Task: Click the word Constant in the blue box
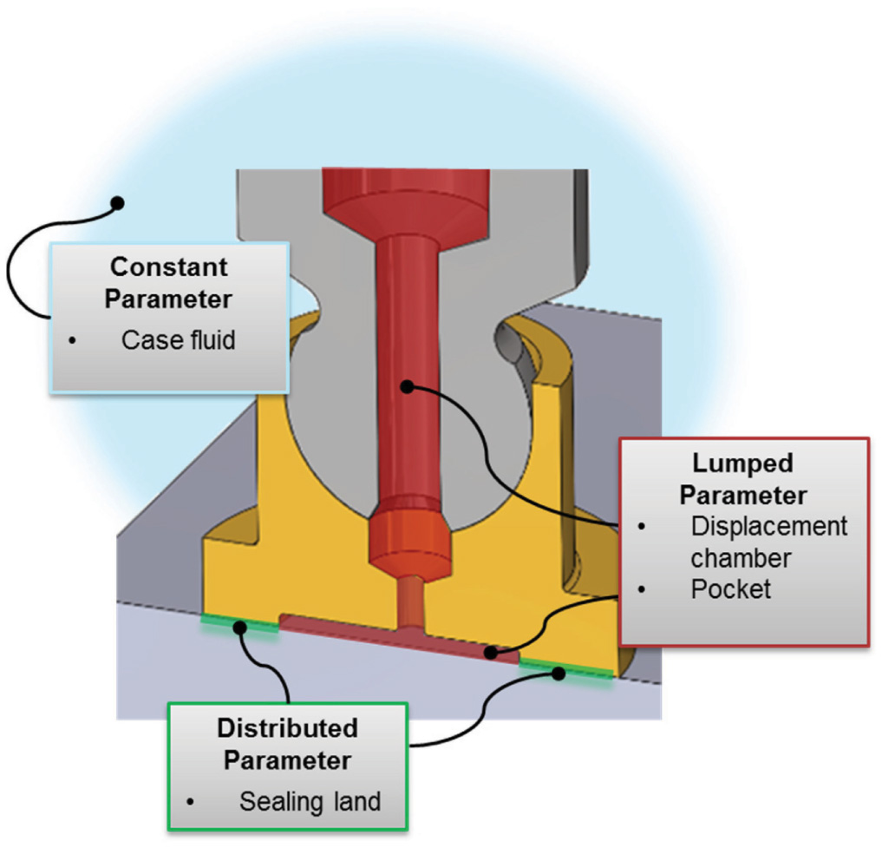(169, 266)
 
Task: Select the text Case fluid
(178, 339)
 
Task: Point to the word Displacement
(768, 527)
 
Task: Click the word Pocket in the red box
(730, 589)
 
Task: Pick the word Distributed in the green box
(287, 726)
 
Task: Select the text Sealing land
(310, 801)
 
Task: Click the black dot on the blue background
(118, 203)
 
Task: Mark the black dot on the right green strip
(560, 671)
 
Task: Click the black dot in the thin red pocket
(492, 652)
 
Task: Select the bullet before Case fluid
(73, 340)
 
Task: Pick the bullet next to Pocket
(643, 589)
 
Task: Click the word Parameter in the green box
(287, 761)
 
